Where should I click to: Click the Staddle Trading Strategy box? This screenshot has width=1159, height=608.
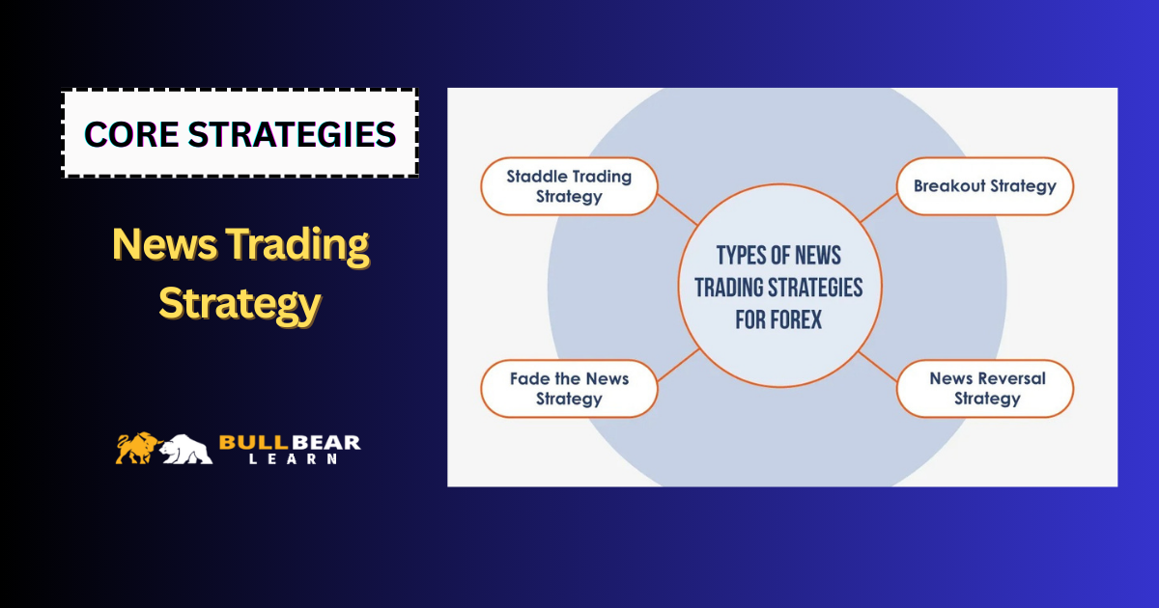click(x=569, y=186)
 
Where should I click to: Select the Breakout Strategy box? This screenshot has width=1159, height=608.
click(x=984, y=186)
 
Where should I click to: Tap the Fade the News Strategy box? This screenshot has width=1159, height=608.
click(x=569, y=389)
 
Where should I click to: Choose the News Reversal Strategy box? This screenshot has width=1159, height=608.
click(x=984, y=389)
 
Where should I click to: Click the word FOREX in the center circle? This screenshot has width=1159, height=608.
click(x=801, y=319)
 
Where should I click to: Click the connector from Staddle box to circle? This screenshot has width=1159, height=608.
click(x=677, y=209)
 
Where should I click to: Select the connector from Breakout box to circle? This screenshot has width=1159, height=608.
click(x=879, y=208)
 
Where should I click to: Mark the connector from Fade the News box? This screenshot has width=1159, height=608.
click(x=678, y=365)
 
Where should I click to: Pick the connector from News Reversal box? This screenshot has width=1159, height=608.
click(x=878, y=367)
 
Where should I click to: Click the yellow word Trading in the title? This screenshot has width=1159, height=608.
click(x=297, y=245)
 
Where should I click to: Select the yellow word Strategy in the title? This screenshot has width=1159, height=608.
click(x=240, y=305)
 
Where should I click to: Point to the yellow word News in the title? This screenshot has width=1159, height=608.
click(x=164, y=244)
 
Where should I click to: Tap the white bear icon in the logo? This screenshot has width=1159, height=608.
click(x=185, y=449)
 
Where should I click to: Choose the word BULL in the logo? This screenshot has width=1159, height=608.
click(x=253, y=443)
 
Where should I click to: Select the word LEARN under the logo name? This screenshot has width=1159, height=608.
click(x=293, y=459)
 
